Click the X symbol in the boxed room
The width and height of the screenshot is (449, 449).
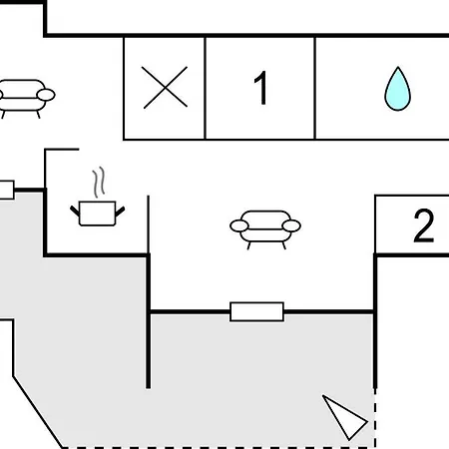pyautogui.click(x=165, y=88)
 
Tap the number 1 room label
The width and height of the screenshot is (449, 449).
pyautogui.click(x=261, y=88)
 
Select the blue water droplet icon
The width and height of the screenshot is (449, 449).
pyautogui.click(x=397, y=89)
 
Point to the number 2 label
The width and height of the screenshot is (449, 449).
pyautogui.click(x=424, y=225)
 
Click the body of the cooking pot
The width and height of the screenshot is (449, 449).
pyautogui.click(x=97, y=214)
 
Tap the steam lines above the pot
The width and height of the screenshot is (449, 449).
pyautogui.click(x=99, y=182)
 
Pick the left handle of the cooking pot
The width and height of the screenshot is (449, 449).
pyautogui.click(x=75, y=211)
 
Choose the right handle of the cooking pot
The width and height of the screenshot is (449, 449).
pyautogui.click(x=120, y=212)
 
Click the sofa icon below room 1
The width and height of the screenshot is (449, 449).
pyautogui.click(x=265, y=228)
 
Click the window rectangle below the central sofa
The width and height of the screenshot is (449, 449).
pyautogui.click(x=256, y=311)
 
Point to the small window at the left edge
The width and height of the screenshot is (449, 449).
pyautogui.click(x=7, y=190)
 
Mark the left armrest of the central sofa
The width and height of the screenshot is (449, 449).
pyautogui.click(x=239, y=225)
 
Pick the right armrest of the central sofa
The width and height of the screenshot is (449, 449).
pyautogui.click(x=291, y=225)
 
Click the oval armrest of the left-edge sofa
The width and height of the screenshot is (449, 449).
pyautogui.click(x=46, y=95)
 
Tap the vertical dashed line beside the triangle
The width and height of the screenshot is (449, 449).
pyautogui.click(x=375, y=418)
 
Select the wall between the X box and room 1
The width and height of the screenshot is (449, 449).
pyautogui.click(x=205, y=88)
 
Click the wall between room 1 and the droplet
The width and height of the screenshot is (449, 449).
pyautogui.click(x=314, y=88)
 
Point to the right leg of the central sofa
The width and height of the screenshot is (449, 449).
pyautogui.click(x=284, y=245)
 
